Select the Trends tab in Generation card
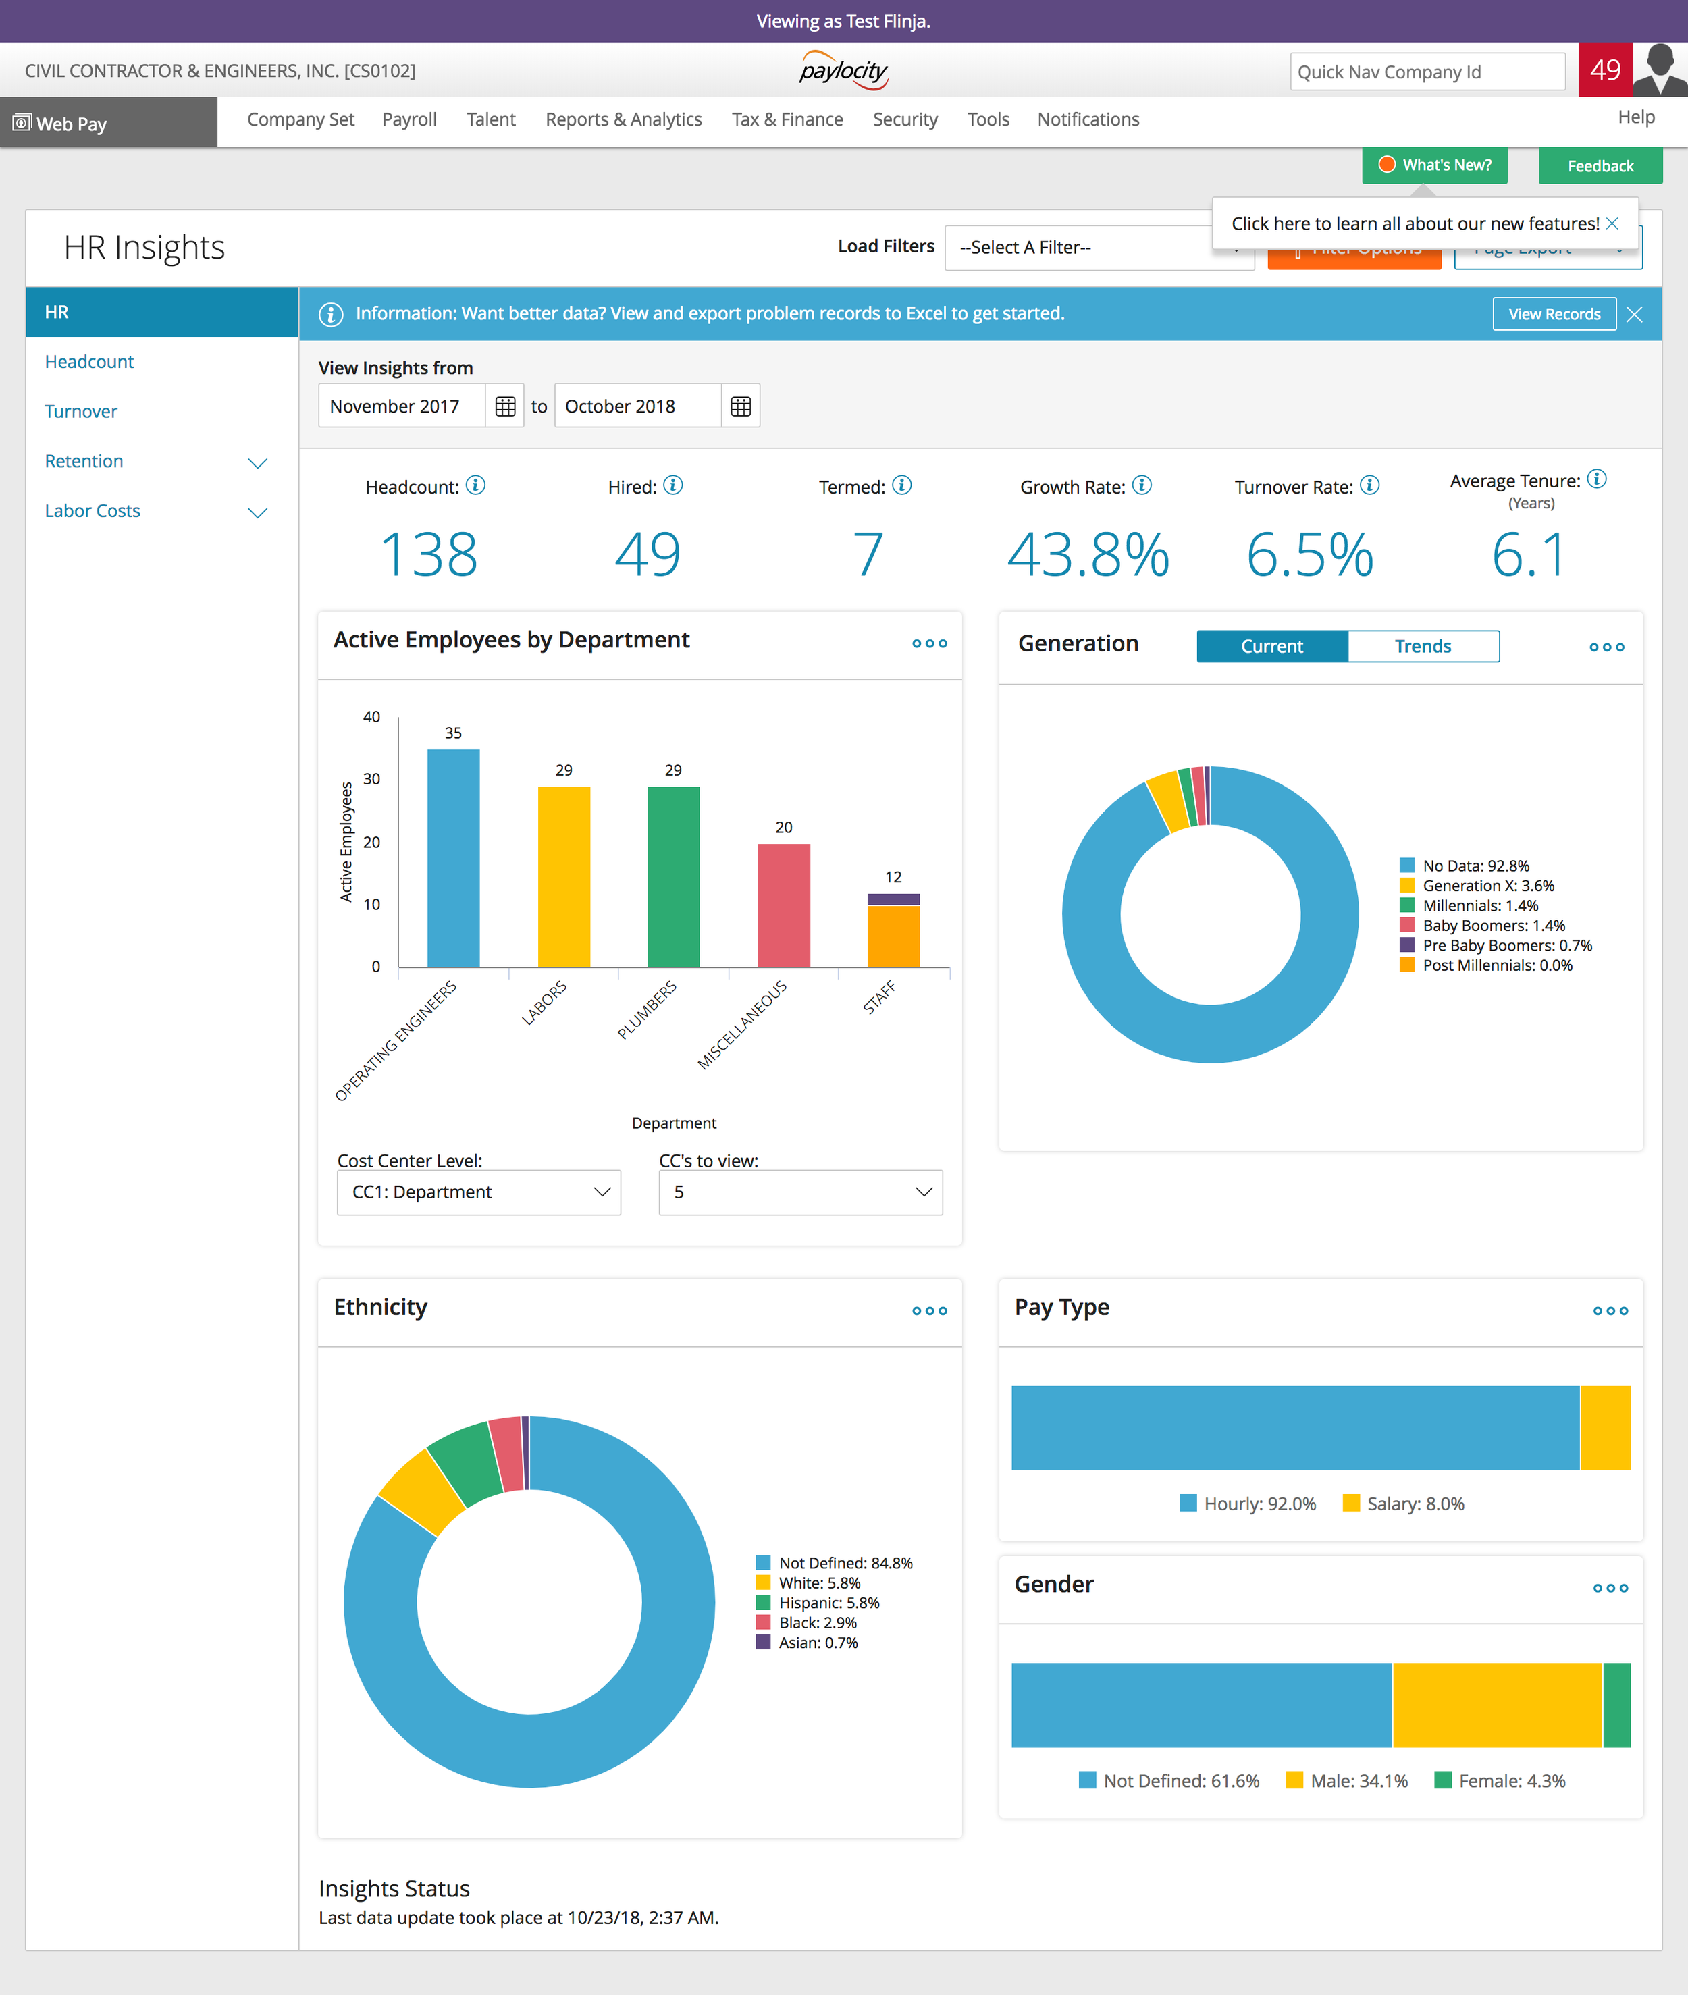coord(1422,646)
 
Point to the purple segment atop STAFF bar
coord(893,899)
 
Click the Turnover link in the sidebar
coord(80,411)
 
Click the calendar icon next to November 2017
coord(505,406)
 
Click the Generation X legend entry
coord(1486,886)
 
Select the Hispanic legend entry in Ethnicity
coord(828,1603)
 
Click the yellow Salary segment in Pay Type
coord(1605,1428)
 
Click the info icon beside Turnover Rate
coord(1369,485)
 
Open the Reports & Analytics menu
coord(623,119)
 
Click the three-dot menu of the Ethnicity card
coord(929,1311)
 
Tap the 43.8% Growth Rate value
coord(1087,555)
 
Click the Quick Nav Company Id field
coord(1426,72)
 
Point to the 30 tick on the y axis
coord(371,779)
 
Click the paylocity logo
coord(843,71)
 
